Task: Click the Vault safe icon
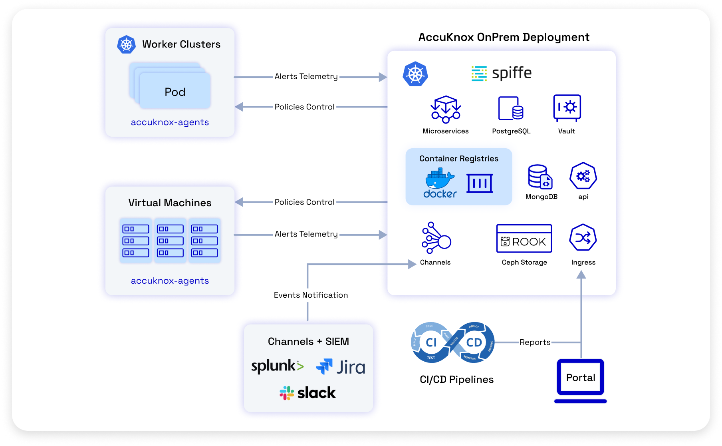pyautogui.click(x=567, y=108)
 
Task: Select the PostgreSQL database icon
pyautogui.click(x=511, y=108)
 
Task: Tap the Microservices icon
pyautogui.click(x=446, y=109)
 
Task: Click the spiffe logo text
pyautogui.click(x=512, y=73)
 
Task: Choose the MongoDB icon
pyautogui.click(x=540, y=177)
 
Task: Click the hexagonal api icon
pyautogui.click(x=583, y=176)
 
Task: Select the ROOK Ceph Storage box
pyautogui.click(x=524, y=239)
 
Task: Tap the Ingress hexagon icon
pyautogui.click(x=583, y=237)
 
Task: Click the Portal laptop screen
pyautogui.click(x=581, y=377)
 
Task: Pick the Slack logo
pyautogui.click(x=308, y=393)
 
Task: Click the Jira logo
pyautogui.click(x=341, y=367)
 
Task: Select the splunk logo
pyautogui.click(x=278, y=366)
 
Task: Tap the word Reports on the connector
pyautogui.click(x=535, y=342)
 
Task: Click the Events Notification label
pyautogui.click(x=311, y=295)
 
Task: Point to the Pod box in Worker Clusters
pyautogui.click(x=175, y=92)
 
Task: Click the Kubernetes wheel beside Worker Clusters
pyautogui.click(x=126, y=44)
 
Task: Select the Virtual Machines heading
pyautogui.click(x=170, y=203)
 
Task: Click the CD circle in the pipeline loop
pyautogui.click(x=474, y=342)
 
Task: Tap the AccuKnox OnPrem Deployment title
pyautogui.click(x=504, y=37)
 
